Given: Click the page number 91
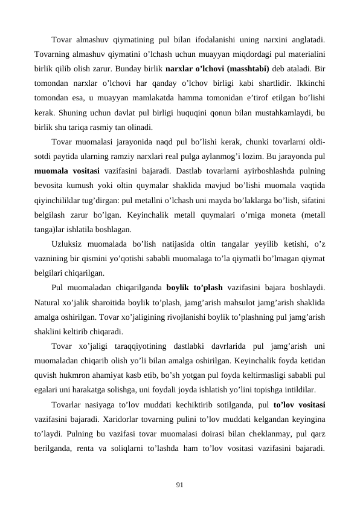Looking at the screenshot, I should [x=180, y=483].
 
